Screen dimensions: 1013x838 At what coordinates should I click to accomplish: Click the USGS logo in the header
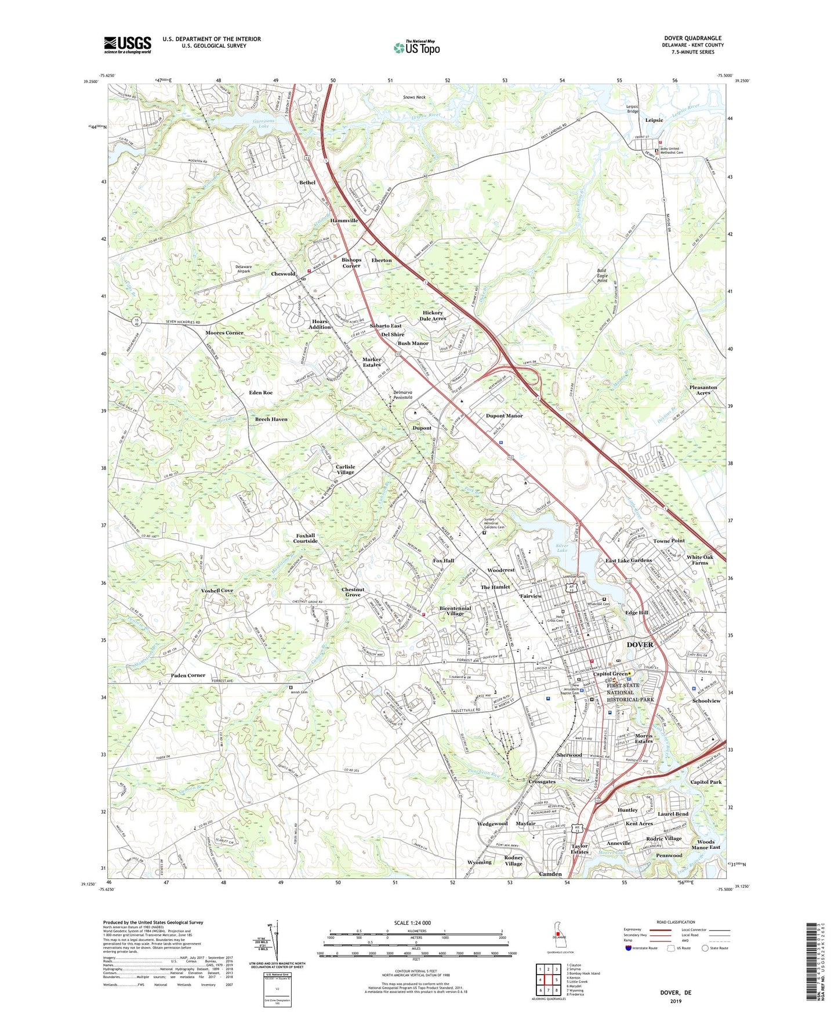coord(128,45)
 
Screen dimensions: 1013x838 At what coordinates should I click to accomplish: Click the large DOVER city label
coord(640,645)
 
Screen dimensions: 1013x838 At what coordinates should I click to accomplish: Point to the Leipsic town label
coord(654,120)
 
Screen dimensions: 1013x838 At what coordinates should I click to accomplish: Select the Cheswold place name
coord(283,274)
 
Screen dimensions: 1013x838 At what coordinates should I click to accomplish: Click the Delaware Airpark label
coord(243,269)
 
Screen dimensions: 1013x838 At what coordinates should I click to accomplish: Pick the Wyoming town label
coord(479,862)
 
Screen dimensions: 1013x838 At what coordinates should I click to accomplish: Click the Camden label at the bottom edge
coord(550,874)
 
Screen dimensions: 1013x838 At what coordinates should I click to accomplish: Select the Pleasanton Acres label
coord(703,390)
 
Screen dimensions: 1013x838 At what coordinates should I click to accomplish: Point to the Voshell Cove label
coord(217,590)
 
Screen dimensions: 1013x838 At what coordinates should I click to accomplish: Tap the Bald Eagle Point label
coord(602,275)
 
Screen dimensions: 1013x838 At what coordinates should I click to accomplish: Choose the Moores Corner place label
coord(224,333)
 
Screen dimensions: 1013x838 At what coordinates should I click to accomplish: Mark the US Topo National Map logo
coord(416,48)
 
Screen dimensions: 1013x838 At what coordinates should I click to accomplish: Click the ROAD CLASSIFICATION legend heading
coord(676,922)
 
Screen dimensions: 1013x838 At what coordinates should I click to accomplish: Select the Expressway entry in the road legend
coord(632,929)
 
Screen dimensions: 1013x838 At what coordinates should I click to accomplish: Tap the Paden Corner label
coord(188,675)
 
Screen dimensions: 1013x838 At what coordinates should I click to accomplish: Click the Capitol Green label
coord(610,674)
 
